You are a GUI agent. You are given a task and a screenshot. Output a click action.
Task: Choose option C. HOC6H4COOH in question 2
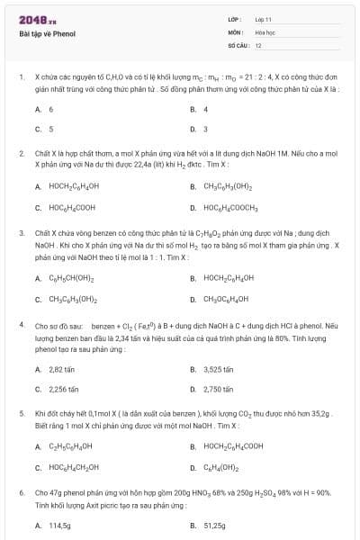pyautogui.click(x=72, y=208)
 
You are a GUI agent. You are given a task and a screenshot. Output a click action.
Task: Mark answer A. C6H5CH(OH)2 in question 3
pyautogui.click(x=73, y=278)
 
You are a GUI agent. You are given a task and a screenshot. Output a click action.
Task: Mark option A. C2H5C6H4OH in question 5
pyautogui.click(x=70, y=447)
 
